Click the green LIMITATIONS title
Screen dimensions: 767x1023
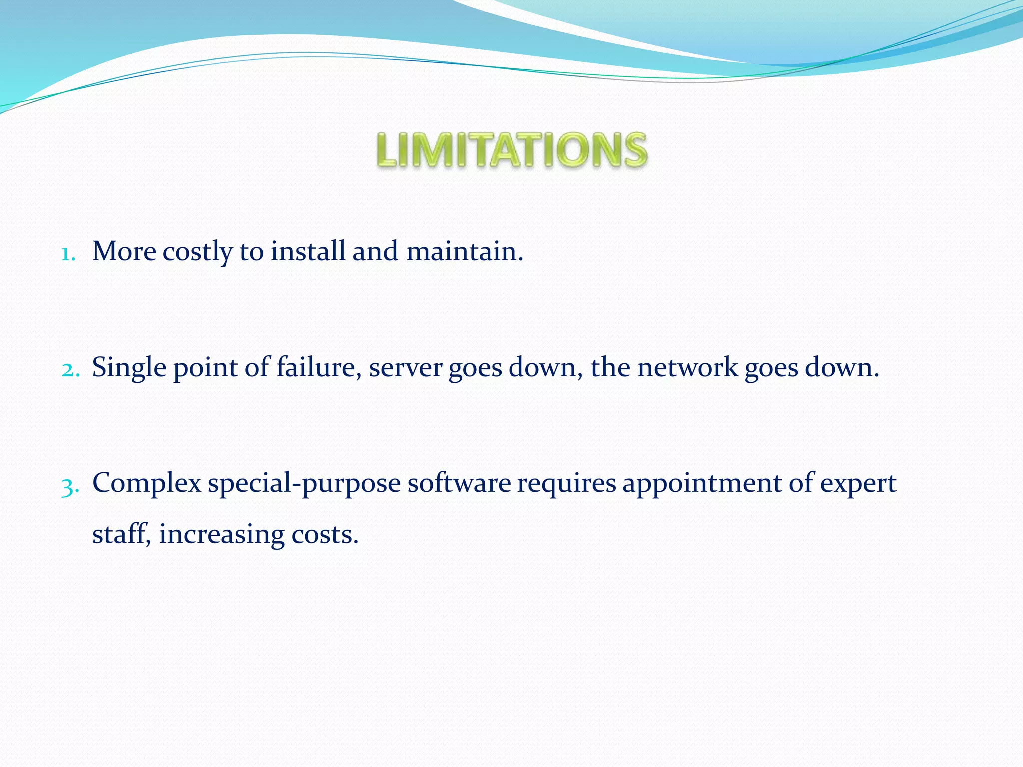[511, 150]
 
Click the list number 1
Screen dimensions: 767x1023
[68, 254]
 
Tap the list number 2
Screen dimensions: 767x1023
[70, 370]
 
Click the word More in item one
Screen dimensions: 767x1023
[124, 251]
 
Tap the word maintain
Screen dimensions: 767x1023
[465, 251]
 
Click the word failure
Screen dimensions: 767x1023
[319, 368]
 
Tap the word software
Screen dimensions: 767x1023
[459, 483]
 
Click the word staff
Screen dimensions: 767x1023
[120, 534]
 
